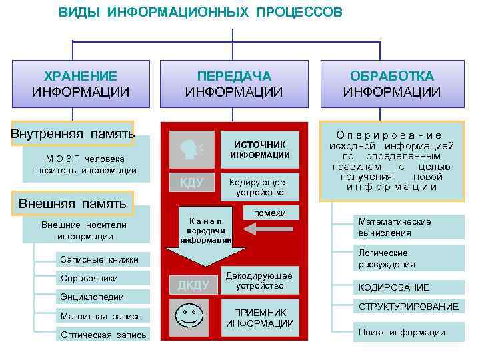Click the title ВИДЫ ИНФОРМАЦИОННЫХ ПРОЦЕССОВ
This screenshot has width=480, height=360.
pos(200,13)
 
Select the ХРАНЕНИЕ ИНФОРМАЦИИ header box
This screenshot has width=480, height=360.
pos(81,84)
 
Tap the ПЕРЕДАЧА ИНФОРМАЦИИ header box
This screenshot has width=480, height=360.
pos(234,84)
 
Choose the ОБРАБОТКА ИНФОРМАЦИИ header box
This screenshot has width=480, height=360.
pos(392,84)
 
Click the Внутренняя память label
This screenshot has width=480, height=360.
pos(72,133)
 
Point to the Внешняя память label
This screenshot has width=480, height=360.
pos(71,203)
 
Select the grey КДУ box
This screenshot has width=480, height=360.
pos(191,183)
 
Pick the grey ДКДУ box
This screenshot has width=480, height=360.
pos(193,285)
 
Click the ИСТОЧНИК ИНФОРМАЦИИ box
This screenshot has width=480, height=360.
pos(259,149)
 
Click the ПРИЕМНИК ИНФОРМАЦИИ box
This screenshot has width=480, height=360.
pos(259,318)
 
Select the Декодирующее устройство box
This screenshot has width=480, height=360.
pos(259,280)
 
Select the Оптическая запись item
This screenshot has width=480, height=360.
pos(103,335)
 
